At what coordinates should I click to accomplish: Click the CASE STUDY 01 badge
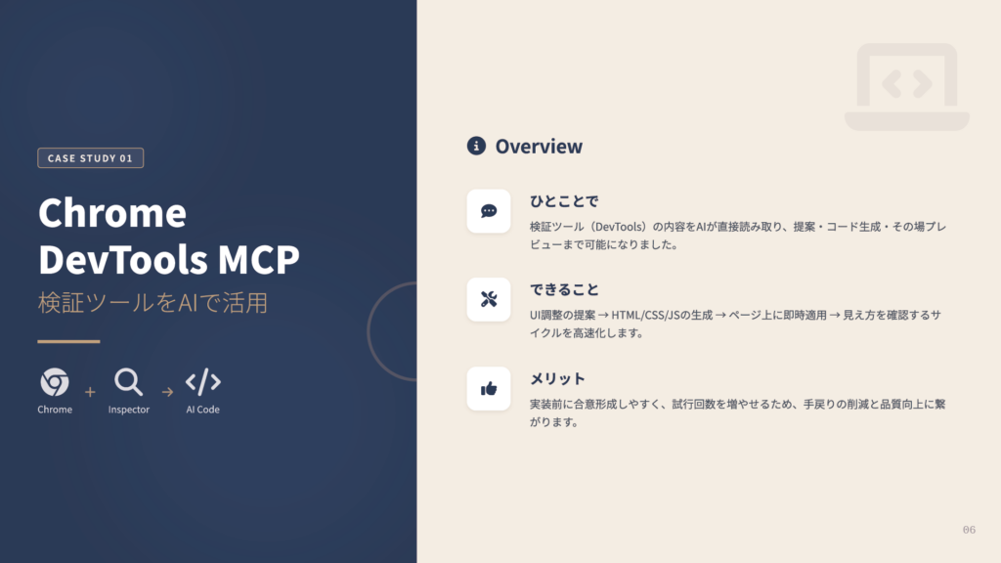click(x=90, y=158)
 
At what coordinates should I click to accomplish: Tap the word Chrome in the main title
click(x=111, y=213)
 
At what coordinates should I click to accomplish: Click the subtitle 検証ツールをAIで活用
click(x=152, y=303)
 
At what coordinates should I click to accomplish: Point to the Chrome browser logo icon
click(x=55, y=381)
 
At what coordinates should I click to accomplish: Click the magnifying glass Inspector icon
click(x=128, y=381)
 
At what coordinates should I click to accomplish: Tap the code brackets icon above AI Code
click(x=202, y=381)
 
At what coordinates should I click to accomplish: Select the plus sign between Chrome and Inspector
click(x=90, y=392)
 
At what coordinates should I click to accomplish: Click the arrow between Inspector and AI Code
click(x=167, y=392)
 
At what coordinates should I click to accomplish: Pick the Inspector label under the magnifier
click(x=129, y=410)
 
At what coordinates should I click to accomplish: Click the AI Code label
click(x=202, y=410)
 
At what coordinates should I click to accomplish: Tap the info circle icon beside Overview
click(x=476, y=147)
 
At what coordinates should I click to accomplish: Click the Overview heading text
click(x=539, y=147)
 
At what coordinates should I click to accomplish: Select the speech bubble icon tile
click(x=489, y=211)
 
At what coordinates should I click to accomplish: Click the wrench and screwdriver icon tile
click(x=489, y=300)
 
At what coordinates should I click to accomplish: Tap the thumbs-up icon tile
click(x=489, y=388)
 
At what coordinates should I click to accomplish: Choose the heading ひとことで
click(x=564, y=202)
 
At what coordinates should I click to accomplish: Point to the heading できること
click(x=564, y=290)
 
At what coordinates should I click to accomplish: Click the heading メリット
click(x=557, y=379)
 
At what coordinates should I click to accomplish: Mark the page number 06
click(x=969, y=530)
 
